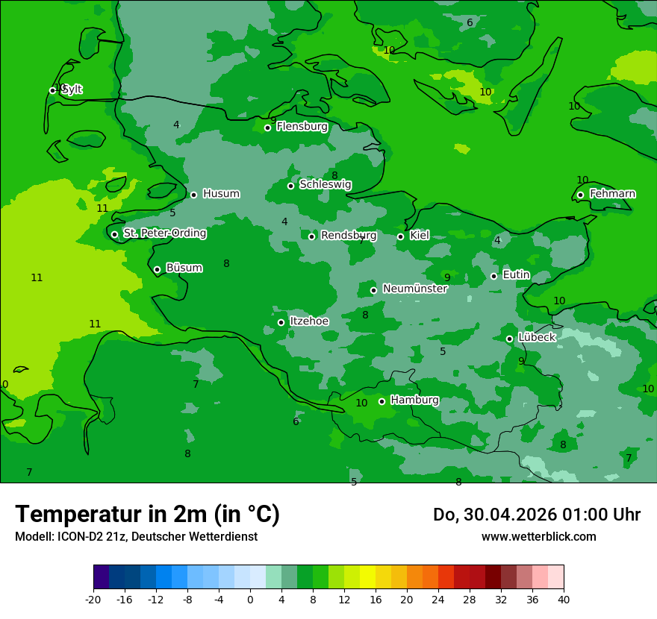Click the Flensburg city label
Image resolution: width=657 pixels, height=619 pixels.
pos(302,127)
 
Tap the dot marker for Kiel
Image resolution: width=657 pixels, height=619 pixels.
pos(401,236)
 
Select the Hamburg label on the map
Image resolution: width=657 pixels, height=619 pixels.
pos(414,400)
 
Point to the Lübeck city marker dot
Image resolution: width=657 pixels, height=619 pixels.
pos(510,339)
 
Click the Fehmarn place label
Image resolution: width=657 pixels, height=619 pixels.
pos(612,194)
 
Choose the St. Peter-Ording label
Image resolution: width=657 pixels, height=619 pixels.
pos(164,233)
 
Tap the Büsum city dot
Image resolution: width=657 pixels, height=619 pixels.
pos(157,269)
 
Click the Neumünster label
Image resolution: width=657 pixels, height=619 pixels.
pos(414,289)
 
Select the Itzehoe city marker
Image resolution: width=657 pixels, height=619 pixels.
pos(281,322)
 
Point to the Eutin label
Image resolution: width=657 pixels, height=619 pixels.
pos(516,275)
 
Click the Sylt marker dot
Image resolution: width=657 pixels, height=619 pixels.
pos(52,90)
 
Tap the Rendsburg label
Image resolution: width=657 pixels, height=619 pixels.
pos(349,236)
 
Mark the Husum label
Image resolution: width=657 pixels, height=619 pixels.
pos(221,194)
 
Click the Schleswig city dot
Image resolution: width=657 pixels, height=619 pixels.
pos(291,186)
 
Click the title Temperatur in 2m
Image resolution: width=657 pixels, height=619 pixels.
pos(147,515)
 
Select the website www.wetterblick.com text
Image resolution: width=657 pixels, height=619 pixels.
pos(538,537)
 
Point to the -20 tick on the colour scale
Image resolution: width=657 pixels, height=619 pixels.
pos(93,599)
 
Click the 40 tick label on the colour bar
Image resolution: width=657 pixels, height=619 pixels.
pos(564,599)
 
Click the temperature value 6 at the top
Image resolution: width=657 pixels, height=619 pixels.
pos(470,22)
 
